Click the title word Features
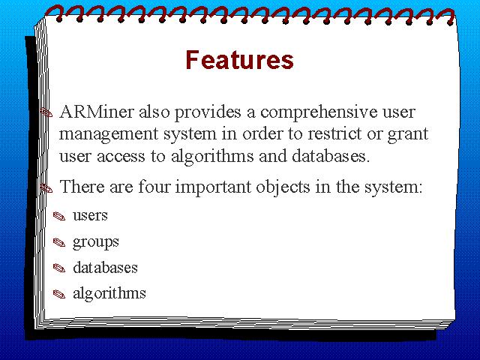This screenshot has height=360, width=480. point(239,60)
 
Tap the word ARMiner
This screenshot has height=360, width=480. point(97,112)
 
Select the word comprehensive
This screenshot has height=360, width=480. point(319,112)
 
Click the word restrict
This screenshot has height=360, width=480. point(334,133)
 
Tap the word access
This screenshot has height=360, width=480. point(121,157)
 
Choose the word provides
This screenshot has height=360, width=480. point(208,112)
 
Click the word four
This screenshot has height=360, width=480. point(154,186)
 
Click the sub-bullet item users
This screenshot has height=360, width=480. point(90,215)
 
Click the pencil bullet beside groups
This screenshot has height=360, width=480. point(59,243)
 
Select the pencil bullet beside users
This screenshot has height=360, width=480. point(59,216)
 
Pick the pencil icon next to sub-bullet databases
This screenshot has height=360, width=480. point(59,268)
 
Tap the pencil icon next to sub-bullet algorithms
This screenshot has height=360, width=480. point(59,294)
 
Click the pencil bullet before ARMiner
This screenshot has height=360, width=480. point(46,112)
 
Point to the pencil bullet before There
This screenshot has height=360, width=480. point(46,187)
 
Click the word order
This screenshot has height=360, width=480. point(262,133)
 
